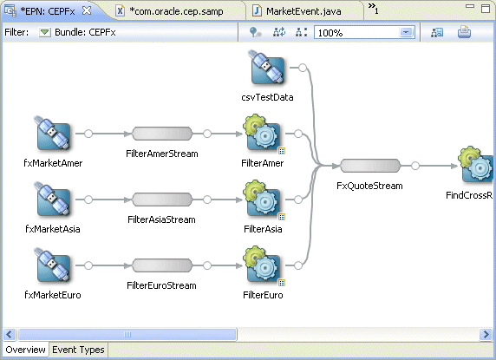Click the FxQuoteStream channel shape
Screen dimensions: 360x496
click(369, 166)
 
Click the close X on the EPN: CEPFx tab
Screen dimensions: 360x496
click(87, 10)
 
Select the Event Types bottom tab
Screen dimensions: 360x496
click(77, 350)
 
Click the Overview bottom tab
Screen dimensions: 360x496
click(24, 350)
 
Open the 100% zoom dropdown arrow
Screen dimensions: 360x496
click(405, 32)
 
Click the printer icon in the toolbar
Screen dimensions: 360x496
click(464, 32)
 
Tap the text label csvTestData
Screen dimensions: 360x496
click(267, 97)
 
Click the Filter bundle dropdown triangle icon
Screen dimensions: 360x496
click(45, 32)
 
